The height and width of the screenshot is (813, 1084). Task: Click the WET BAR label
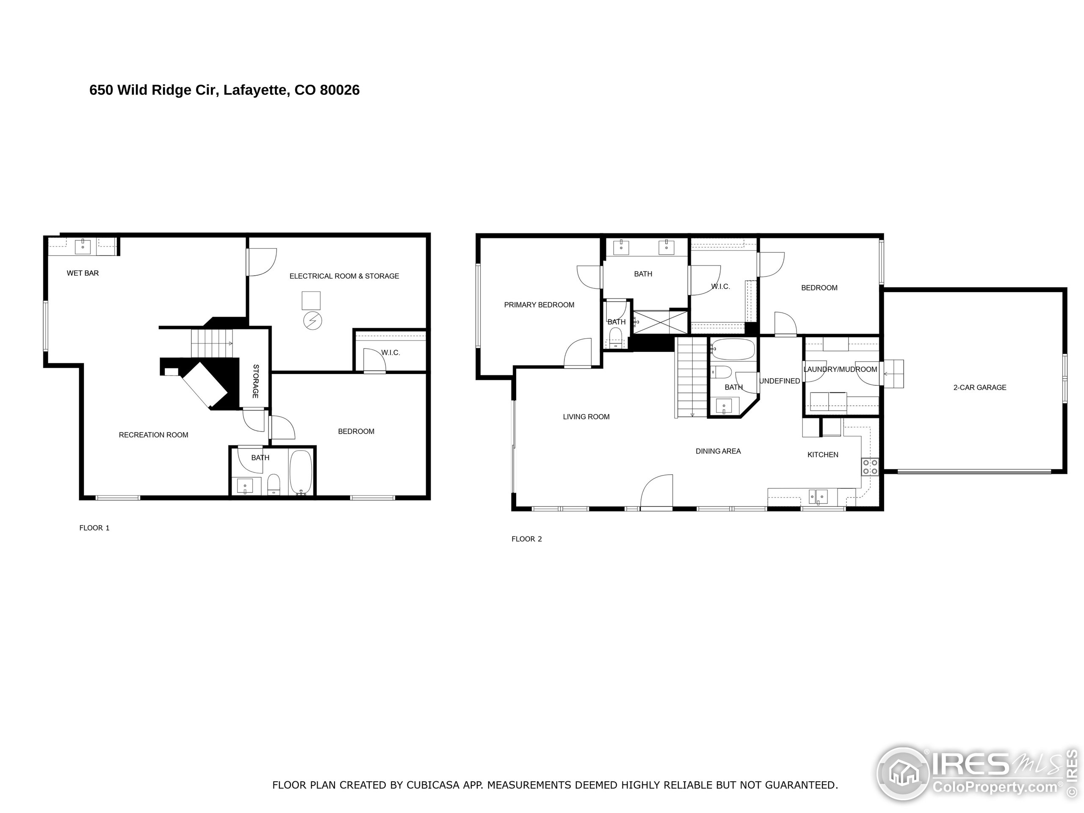(x=83, y=273)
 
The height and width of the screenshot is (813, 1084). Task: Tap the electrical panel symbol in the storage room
(x=312, y=321)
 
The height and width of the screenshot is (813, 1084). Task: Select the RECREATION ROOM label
(x=153, y=435)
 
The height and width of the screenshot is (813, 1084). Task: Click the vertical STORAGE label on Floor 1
(x=255, y=381)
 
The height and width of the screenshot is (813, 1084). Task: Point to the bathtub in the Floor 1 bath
(x=300, y=473)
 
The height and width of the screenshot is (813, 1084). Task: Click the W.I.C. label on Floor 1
(x=390, y=352)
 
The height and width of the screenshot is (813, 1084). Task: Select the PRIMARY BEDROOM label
(x=539, y=305)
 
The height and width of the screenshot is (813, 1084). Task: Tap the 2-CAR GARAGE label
(x=979, y=387)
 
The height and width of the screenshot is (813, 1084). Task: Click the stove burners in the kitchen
(x=870, y=467)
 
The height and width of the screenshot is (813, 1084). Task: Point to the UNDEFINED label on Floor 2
(x=780, y=381)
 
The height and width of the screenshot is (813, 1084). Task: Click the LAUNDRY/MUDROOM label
(x=841, y=369)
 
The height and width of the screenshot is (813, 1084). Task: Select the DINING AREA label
(x=718, y=451)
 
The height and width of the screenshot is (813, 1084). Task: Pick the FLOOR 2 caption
(x=527, y=539)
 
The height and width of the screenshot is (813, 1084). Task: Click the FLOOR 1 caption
(x=94, y=528)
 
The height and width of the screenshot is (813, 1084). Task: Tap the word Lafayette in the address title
(x=255, y=90)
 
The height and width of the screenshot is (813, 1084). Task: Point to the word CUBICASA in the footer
(x=433, y=785)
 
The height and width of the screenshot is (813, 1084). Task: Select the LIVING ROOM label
(x=586, y=417)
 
